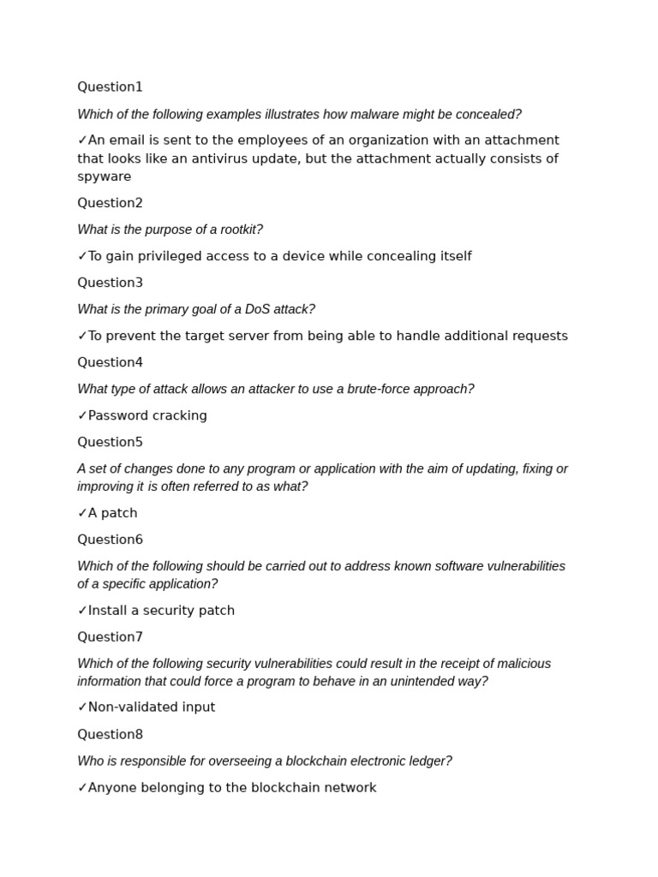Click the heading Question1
click(110, 87)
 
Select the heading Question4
click(110, 362)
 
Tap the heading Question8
click(110, 735)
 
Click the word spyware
click(105, 177)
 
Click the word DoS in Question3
click(259, 309)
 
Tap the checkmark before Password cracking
click(82, 415)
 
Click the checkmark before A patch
click(82, 513)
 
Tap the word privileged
click(171, 257)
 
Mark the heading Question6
click(110, 540)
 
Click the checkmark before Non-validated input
click(82, 707)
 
